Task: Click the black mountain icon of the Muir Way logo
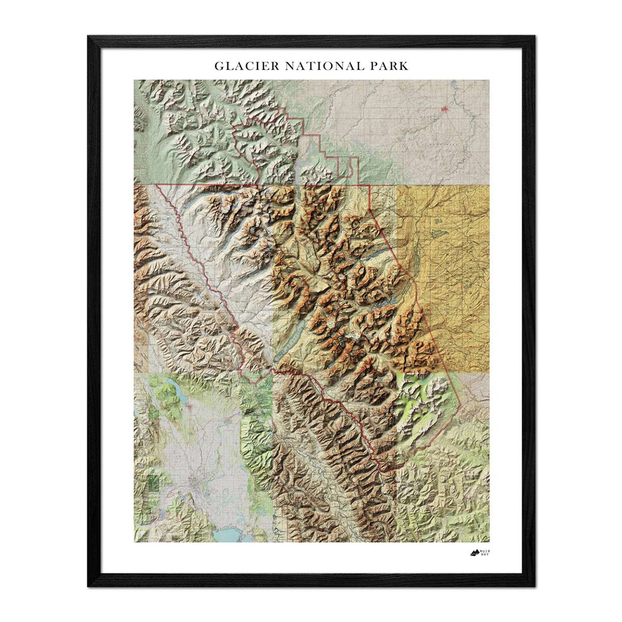tap(474, 553)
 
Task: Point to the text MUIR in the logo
tap(485, 550)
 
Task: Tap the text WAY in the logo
tap(485, 555)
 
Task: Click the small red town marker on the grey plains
tap(445, 109)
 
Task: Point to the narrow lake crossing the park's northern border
tap(300, 171)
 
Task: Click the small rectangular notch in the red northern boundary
tap(354, 166)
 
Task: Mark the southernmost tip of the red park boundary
tap(383, 471)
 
